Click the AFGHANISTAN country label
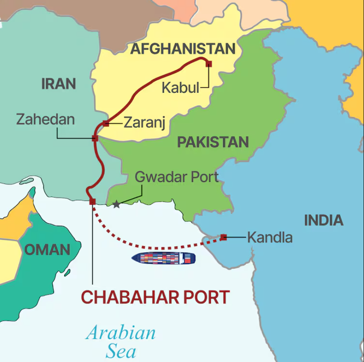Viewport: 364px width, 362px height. pyautogui.click(x=183, y=49)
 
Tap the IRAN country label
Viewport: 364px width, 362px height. pyautogui.click(x=58, y=84)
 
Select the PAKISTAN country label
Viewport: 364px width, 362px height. pyautogui.click(x=213, y=142)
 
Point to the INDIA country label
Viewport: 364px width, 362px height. pyautogui.click(x=324, y=220)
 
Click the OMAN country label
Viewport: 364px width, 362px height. pyautogui.click(x=47, y=250)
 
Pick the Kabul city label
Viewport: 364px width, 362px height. pyautogui.click(x=180, y=88)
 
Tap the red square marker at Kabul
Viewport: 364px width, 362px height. pyautogui.click(x=208, y=64)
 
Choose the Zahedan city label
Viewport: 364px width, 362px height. pyautogui.click(x=45, y=119)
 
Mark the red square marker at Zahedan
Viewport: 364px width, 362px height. pyautogui.click(x=95, y=138)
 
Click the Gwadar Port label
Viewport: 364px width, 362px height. pyautogui.click(x=176, y=177)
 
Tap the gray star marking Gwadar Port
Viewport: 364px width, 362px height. pyautogui.click(x=116, y=205)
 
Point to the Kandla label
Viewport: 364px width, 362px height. pyautogui.click(x=270, y=237)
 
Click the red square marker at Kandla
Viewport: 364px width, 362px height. pyautogui.click(x=224, y=237)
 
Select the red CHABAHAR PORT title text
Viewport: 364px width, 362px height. pyautogui.click(x=155, y=297)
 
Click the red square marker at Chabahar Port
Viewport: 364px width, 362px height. pyautogui.click(x=92, y=202)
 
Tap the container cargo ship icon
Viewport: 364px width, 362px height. pyautogui.click(x=163, y=258)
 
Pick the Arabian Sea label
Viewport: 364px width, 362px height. pyautogui.click(x=120, y=341)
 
